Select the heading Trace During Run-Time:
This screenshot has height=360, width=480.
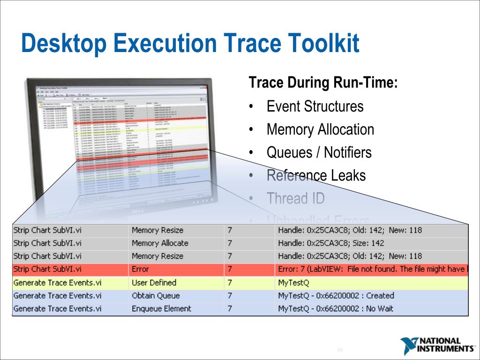pyautogui.click(x=323, y=83)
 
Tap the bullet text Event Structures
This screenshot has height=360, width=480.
pyautogui.click(x=315, y=106)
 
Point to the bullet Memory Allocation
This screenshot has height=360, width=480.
pyautogui.click(x=320, y=129)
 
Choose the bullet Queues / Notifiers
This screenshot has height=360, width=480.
pyautogui.click(x=319, y=152)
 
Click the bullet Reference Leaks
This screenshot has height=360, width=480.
pyautogui.click(x=316, y=175)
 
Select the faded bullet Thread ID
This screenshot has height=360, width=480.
pyautogui.click(x=295, y=198)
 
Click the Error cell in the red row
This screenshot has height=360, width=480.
pyautogui.click(x=140, y=270)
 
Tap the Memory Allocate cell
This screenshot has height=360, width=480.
pyautogui.click(x=160, y=243)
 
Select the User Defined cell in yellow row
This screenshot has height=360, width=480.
pyautogui.click(x=154, y=283)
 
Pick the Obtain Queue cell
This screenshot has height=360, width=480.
pyautogui.click(x=156, y=296)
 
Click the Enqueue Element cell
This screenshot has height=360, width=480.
pyautogui.click(x=161, y=309)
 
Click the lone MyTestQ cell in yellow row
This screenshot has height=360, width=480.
pyautogui.click(x=294, y=283)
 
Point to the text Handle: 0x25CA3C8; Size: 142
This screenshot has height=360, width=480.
pyautogui.click(x=330, y=243)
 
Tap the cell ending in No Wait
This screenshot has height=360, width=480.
pyautogui.click(x=336, y=309)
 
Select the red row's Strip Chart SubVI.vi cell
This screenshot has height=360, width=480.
pyautogui.click(x=47, y=270)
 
